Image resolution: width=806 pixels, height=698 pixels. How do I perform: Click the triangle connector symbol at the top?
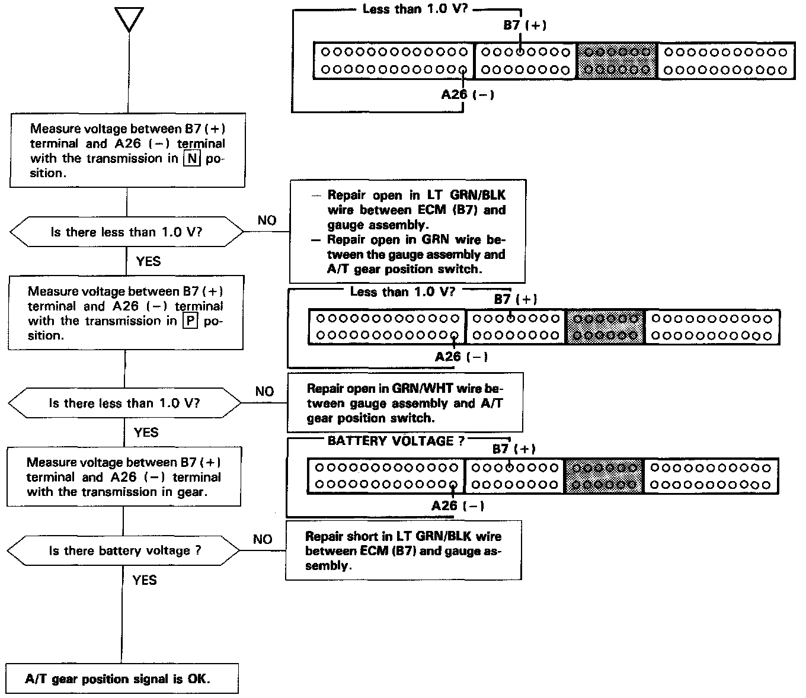pyautogui.click(x=130, y=20)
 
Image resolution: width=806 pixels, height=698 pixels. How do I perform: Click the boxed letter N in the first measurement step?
pyautogui.click(x=191, y=159)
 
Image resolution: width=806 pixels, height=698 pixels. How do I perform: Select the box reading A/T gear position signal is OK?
pyautogui.click(x=122, y=678)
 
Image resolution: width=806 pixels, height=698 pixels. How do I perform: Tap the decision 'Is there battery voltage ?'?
pyautogui.click(x=124, y=550)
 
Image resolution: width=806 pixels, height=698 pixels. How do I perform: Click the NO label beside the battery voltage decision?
pyautogui.click(x=263, y=539)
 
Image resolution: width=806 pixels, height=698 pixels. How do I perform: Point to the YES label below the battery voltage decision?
pyautogui.click(x=145, y=580)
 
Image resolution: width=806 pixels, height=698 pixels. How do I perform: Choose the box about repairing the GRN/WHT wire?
pyautogui.click(x=405, y=403)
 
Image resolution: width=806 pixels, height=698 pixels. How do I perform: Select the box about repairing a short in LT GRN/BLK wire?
pyautogui.click(x=403, y=550)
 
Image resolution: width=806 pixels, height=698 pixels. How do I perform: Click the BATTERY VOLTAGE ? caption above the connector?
pyautogui.click(x=396, y=441)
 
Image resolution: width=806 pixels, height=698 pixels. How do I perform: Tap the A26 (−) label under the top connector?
pyautogui.click(x=467, y=94)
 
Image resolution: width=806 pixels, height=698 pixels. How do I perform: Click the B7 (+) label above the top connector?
pyautogui.click(x=524, y=25)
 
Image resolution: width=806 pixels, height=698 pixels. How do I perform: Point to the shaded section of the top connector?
pyautogui.click(x=617, y=60)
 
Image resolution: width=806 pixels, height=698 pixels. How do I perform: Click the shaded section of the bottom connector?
pyautogui.click(x=604, y=476)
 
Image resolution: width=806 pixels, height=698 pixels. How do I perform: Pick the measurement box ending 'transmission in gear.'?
pyautogui.click(x=124, y=477)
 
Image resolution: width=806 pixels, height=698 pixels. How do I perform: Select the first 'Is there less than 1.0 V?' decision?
pyautogui.click(x=126, y=232)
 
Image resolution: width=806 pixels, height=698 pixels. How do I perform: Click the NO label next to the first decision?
pyautogui.click(x=267, y=220)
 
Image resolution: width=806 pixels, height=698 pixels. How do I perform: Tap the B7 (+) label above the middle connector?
pyautogui.click(x=514, y=299)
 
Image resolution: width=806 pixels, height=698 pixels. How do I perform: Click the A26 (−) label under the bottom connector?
pyautogui.click(x=458, y=505)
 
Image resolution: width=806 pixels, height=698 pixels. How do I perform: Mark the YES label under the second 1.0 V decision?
pyautogui.click(x=146, y=433)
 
